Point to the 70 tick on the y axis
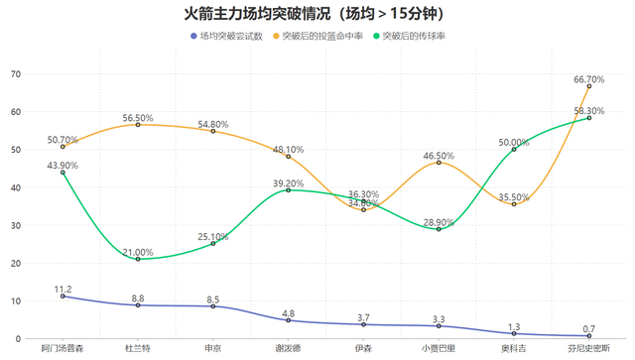click(15, 74)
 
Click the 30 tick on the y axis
click(15, 225)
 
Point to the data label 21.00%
click(138, 252)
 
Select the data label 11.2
click(63, 290)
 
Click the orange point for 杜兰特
click(138, 125)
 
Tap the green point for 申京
click(213, 244)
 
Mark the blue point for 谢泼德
click(289, 320)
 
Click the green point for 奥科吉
click(514, 150)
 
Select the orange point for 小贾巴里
click(439, 163)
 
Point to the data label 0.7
click(588, 329)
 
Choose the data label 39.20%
click(289, 183)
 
